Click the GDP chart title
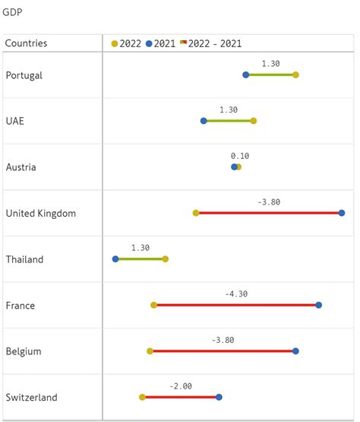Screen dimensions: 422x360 click(12, 13)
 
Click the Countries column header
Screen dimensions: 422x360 click(26, 43)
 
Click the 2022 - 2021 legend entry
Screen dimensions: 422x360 click(211, 43)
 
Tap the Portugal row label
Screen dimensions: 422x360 click(24, 75)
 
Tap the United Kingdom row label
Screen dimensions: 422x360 click(40, 214)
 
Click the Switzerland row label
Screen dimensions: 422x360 click(31, 398)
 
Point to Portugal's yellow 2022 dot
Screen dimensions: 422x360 click(295, 75)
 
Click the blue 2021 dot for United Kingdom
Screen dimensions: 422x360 click(342, 213)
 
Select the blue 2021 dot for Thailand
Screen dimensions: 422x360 click(115, 259)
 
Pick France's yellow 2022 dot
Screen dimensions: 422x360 click(154, 305)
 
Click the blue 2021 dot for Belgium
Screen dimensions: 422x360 click(295, 351)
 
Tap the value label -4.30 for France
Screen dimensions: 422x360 click(236, 293)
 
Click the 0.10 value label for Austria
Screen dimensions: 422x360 click(240, 156)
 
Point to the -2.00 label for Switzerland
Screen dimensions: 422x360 click(181, 386)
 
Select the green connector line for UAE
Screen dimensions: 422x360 click(229, 121)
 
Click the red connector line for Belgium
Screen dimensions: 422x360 click(223, 351)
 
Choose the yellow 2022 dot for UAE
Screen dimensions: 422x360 click(254, 121)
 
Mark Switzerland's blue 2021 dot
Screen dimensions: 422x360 click(219, 397)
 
